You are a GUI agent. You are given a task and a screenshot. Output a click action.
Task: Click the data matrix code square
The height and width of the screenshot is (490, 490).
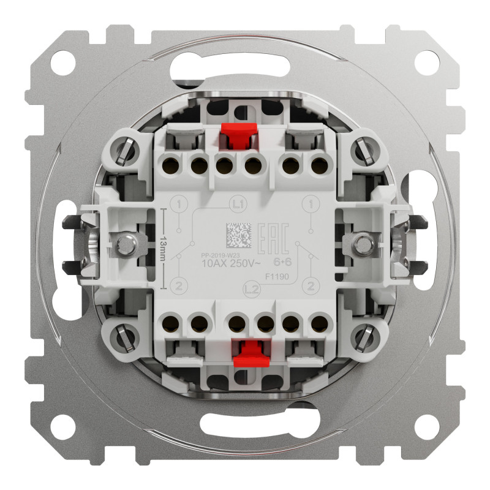pos(239,235)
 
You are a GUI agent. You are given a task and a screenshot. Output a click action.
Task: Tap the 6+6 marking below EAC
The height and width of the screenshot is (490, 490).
pos(282,261)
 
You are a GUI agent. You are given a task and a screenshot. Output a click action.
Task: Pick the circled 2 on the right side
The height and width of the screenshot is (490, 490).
pos(312,285)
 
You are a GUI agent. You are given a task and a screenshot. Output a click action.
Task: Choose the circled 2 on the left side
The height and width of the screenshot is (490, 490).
pos(178,285)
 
